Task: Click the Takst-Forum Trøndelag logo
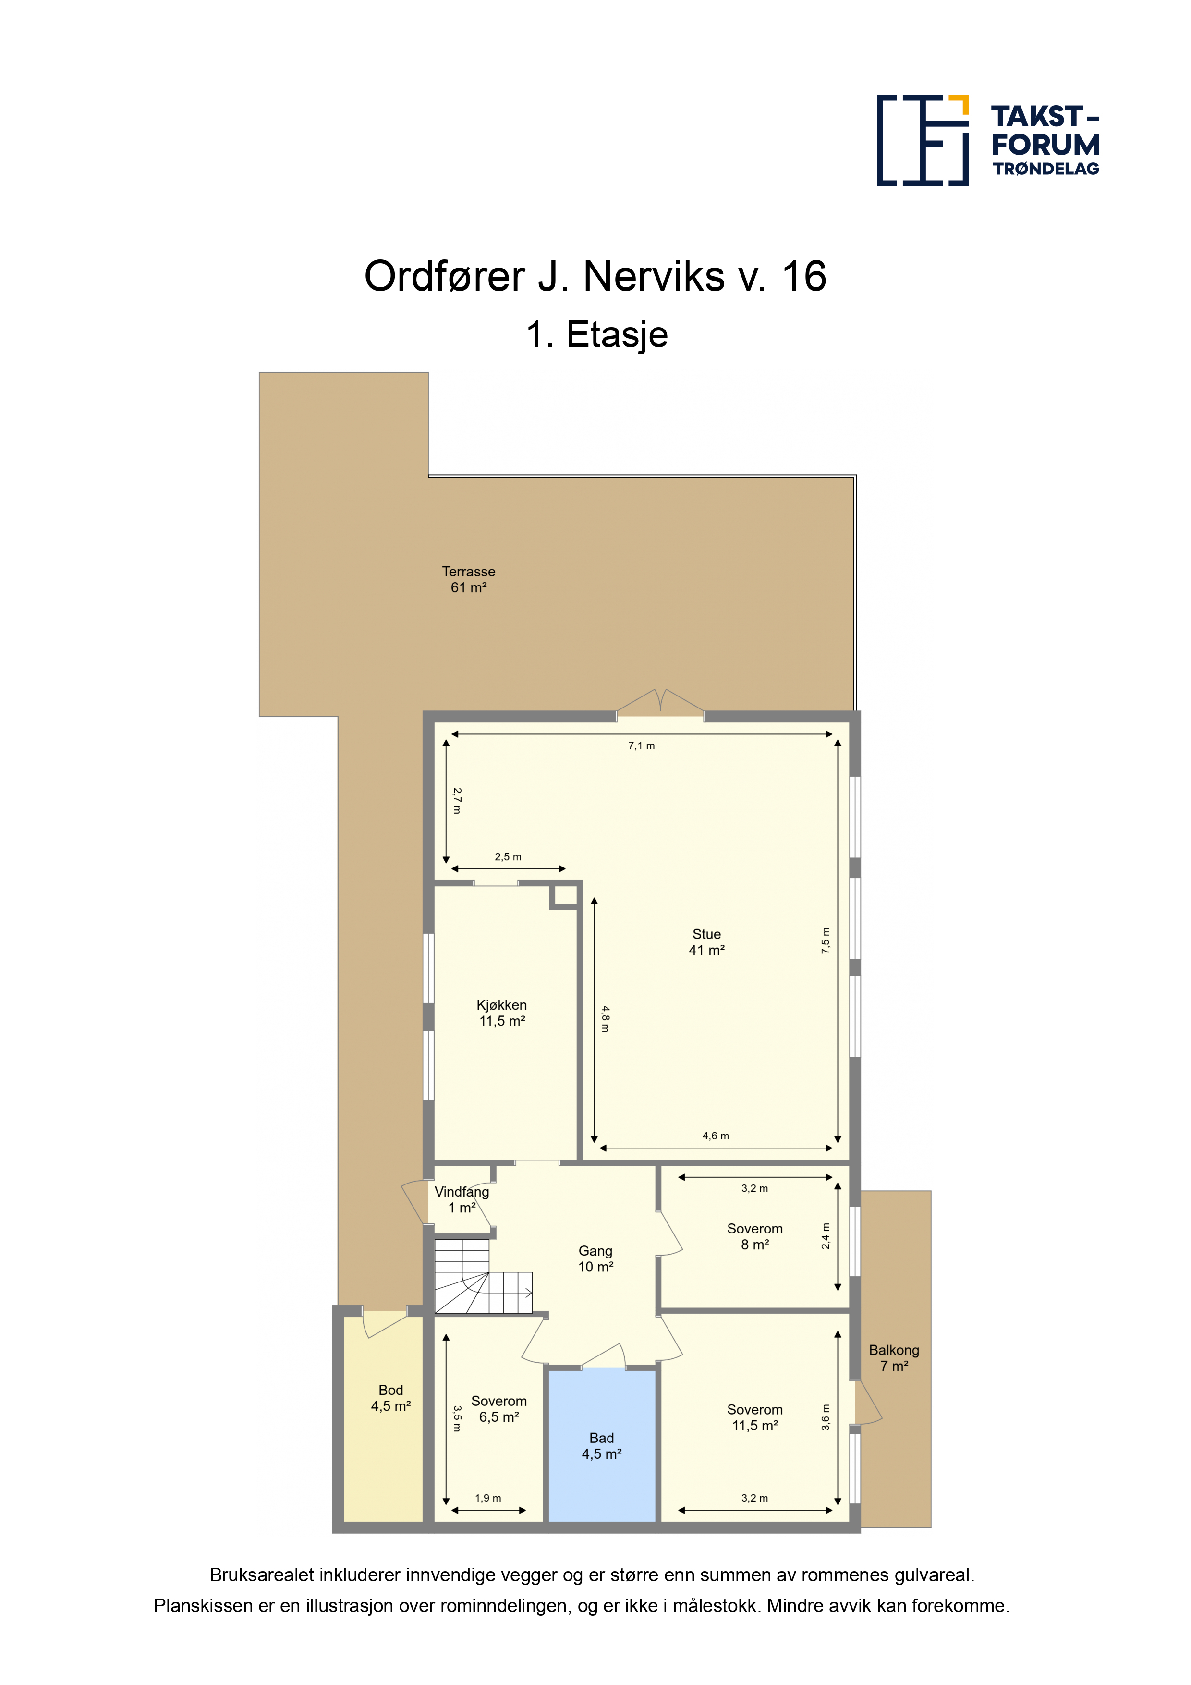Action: coord(988,140)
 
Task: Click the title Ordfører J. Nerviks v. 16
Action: coord(595,277)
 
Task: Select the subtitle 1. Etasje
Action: coord(596,335)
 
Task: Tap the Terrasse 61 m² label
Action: coord(468,579)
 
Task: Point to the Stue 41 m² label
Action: coord(706,941)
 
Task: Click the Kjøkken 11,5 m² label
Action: coord(502,1013)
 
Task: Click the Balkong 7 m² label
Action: coord(894,1358)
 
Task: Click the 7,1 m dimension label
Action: coord(642,745)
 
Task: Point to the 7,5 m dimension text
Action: coord(826,941)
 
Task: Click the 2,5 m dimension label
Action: coord(508,856)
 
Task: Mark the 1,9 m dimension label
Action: coord(488,1498)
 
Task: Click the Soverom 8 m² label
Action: coord(754,1236)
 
